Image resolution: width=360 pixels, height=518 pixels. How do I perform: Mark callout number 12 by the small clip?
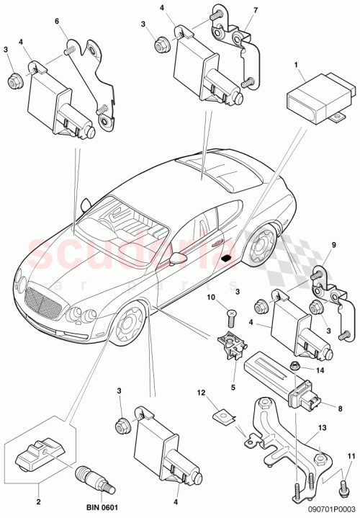[203, 393]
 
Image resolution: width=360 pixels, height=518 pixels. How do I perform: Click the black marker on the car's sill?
[226, 258]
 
